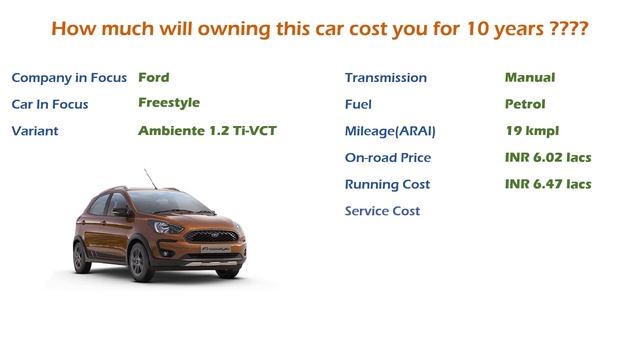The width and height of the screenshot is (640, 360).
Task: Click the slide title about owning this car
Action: tap(319, 29)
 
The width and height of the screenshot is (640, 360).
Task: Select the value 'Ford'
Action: tap(154, 77)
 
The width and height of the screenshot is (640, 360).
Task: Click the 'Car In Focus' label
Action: tap(56, 104)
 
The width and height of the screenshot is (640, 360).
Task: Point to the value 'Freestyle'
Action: tap(169, 103)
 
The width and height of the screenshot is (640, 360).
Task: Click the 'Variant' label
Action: tap(36, 131)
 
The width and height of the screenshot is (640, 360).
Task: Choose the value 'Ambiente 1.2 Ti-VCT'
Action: tap(207, 130)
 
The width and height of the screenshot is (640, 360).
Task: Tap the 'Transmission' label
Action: tap(385, 78)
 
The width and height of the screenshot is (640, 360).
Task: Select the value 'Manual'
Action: tap(530, 77)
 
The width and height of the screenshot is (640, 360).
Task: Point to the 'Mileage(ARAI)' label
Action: tap(391, 131)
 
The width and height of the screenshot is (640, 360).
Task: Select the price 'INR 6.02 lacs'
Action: tap(548, 157)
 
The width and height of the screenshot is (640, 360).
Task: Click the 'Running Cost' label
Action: tap(387, 185)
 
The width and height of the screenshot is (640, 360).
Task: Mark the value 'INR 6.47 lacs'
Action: tap(548, 184)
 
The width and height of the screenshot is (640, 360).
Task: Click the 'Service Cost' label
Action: tap(382, 211)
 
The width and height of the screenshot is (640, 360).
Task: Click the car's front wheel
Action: tap(139, 261)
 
